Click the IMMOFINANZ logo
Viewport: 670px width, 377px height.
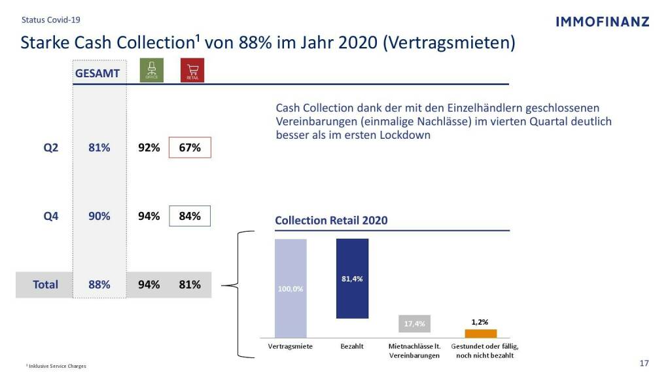(602, 22)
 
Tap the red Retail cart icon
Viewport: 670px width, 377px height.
(192, 71)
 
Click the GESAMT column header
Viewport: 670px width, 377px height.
(97, 73)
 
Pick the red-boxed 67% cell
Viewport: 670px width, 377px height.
(190, 148)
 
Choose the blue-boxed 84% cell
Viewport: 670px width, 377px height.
(190, 216)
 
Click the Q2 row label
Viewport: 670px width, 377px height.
(51, 148)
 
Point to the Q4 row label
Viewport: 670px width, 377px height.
(51, 216)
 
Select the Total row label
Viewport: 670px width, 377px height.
(46, 285)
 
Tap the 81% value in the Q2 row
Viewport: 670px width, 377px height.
(99, 148)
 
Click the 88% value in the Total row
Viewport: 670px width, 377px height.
(99, 285)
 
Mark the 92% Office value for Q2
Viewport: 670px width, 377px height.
(149, 148)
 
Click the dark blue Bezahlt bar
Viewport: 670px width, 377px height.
(352, 278)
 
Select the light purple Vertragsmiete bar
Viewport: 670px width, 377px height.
(291, 288)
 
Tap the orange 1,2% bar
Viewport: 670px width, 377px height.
(481, 333)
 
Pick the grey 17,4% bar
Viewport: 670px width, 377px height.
(415, 323)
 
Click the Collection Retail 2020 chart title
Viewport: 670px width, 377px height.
(331, 221)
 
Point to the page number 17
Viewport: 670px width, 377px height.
(644, 363)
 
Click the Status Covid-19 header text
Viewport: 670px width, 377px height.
(51, 20)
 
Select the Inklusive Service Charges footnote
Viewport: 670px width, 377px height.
(56, 366)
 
